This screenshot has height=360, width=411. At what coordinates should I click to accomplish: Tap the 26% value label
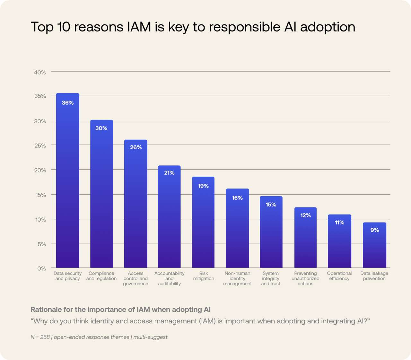[x=136, y=147]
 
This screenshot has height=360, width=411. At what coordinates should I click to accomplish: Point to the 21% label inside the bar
[x=169, y=173]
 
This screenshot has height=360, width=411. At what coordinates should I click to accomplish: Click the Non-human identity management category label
[x=237, y=278]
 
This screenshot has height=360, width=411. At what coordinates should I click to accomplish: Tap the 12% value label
[x=305, y=215]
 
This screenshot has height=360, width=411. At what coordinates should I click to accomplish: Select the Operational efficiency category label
[x=339, y=276]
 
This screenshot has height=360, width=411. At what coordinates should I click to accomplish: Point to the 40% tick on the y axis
[x=40, y=73]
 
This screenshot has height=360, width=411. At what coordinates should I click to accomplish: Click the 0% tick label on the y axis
[x=42, y=268]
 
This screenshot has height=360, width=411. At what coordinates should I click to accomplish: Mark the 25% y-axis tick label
[x=40, y=146]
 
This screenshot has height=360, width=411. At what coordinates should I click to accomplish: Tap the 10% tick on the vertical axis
[x=40, y=220]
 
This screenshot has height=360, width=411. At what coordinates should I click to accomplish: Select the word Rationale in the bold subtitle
[x=46, y=310]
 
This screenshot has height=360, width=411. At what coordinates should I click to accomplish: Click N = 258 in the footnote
[x=40, y=337]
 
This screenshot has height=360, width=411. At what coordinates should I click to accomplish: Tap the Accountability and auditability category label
[x=169, y=278]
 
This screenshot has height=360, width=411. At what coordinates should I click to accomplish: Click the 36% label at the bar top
[x=68, y=103]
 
